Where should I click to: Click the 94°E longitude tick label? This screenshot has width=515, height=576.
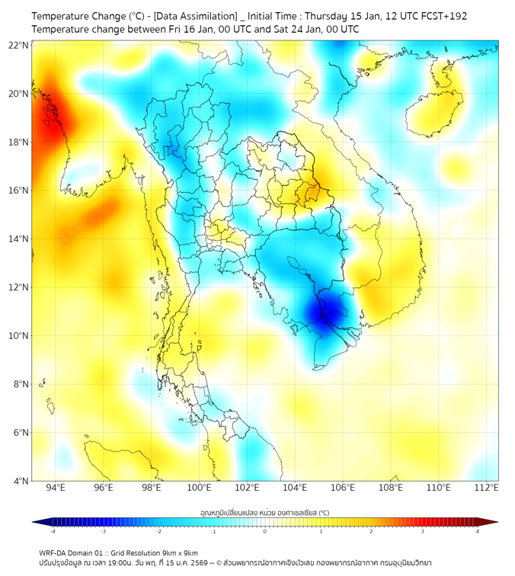[x=56, y=488]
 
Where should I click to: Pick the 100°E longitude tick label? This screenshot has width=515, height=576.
[x=200, y=488]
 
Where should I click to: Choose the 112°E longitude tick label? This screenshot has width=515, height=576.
[x=487, y=488]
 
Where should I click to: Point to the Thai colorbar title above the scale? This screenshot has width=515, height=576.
[x=264, y=512]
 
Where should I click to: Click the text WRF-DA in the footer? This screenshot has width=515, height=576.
[x=54, y=552]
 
